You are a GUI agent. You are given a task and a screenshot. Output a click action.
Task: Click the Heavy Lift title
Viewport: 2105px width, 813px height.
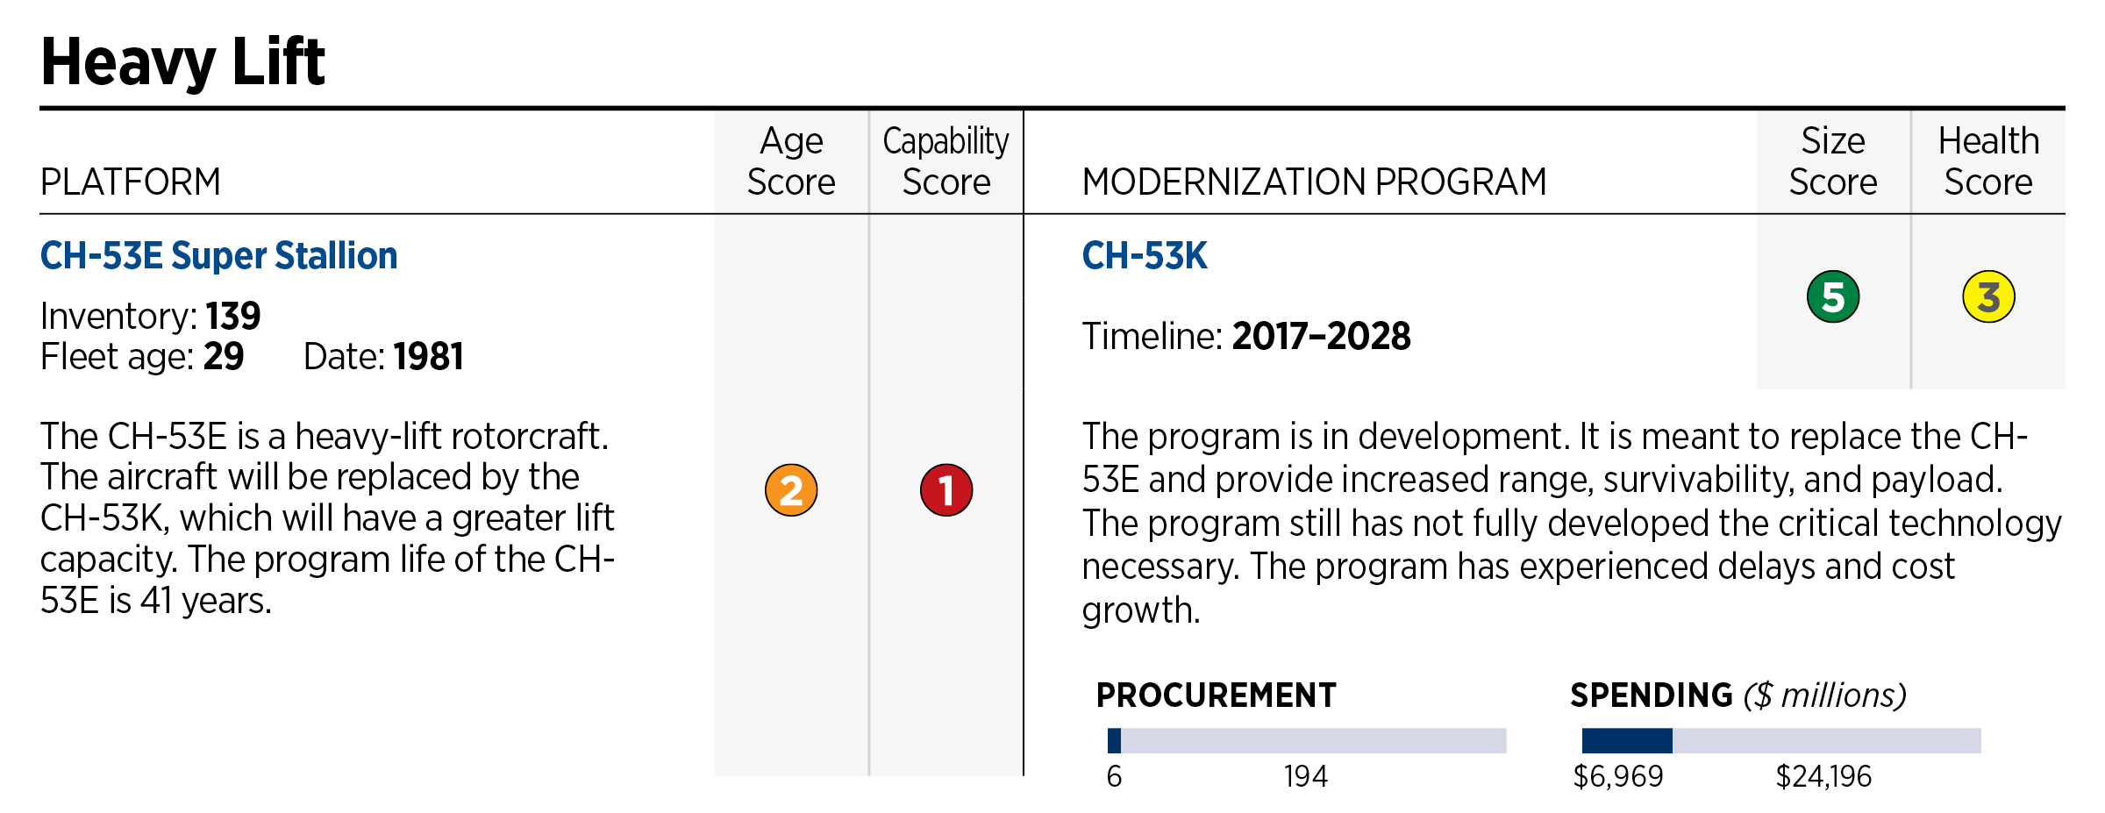click(182, 62)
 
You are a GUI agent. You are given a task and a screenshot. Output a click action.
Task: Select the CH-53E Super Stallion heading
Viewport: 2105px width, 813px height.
click(218, 256)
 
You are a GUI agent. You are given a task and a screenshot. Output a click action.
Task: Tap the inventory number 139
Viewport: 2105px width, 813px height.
click(232, 317)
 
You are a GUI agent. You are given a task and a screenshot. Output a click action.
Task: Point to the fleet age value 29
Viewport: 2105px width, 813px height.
click(223, 357)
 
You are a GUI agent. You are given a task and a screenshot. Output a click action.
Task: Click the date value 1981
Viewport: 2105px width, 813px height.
click(428, 357)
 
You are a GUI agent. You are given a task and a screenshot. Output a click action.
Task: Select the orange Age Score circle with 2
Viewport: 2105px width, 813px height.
click(790, 489)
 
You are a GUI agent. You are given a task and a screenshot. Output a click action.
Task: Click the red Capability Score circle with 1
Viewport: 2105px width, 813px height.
click(945, 489)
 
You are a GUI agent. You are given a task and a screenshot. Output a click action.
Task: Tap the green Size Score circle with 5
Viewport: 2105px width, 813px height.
click(1832, 297)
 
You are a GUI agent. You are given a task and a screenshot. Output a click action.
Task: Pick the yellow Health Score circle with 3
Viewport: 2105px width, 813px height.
click(1987, 297)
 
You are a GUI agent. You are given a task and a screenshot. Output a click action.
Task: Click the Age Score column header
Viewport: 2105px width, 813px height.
click(790, 161)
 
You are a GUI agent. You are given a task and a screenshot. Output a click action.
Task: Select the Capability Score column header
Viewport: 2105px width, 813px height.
click(945, 161)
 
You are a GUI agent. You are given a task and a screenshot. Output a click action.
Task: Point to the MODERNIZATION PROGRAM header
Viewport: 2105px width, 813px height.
click(1314, 182)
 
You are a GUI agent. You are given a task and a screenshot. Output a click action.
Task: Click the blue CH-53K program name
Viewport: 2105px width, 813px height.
click(1144, 256)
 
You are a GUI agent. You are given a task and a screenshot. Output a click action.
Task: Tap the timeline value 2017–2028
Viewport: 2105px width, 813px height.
click(1321, 337)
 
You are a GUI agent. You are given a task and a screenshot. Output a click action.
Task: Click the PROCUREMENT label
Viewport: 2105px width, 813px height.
click(1216, 695)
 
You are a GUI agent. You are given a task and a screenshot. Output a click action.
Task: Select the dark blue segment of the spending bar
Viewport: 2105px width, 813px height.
click(1626, 740)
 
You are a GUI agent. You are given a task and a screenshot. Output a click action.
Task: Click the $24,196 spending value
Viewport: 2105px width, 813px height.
click(1823, 776)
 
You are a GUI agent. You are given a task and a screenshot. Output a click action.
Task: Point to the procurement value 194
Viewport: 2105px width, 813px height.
click(1305, 776)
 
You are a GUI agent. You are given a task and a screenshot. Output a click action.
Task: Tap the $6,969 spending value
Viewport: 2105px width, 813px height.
click(1617, 776)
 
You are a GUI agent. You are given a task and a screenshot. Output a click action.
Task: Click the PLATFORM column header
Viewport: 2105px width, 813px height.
click(131, 182)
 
